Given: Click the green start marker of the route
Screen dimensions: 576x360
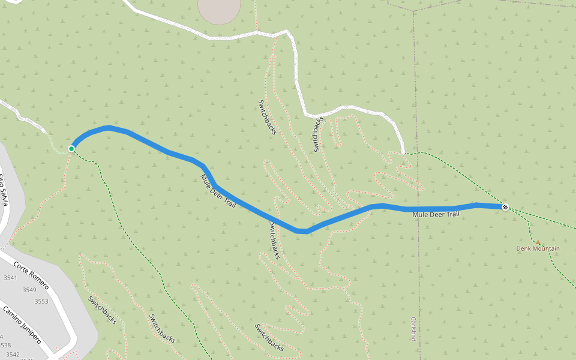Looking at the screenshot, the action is point(71,149).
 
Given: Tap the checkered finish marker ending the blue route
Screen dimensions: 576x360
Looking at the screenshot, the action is point(506,208).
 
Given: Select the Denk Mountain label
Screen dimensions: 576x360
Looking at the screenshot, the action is point(538,248).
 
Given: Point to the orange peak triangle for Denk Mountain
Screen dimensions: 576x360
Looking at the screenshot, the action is point(538,242).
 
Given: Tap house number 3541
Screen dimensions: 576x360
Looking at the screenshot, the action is point(10,278).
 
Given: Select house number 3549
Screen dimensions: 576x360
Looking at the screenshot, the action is point(29,290).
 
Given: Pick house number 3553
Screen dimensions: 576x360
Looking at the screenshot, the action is point(41,301).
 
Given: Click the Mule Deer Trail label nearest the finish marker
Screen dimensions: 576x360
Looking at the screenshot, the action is point(436,214).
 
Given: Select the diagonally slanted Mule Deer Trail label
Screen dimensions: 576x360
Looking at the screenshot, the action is point(218,191).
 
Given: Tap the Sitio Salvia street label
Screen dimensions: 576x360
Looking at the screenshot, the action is point(3,189).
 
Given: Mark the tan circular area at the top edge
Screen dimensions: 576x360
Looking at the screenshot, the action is point(219,9).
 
